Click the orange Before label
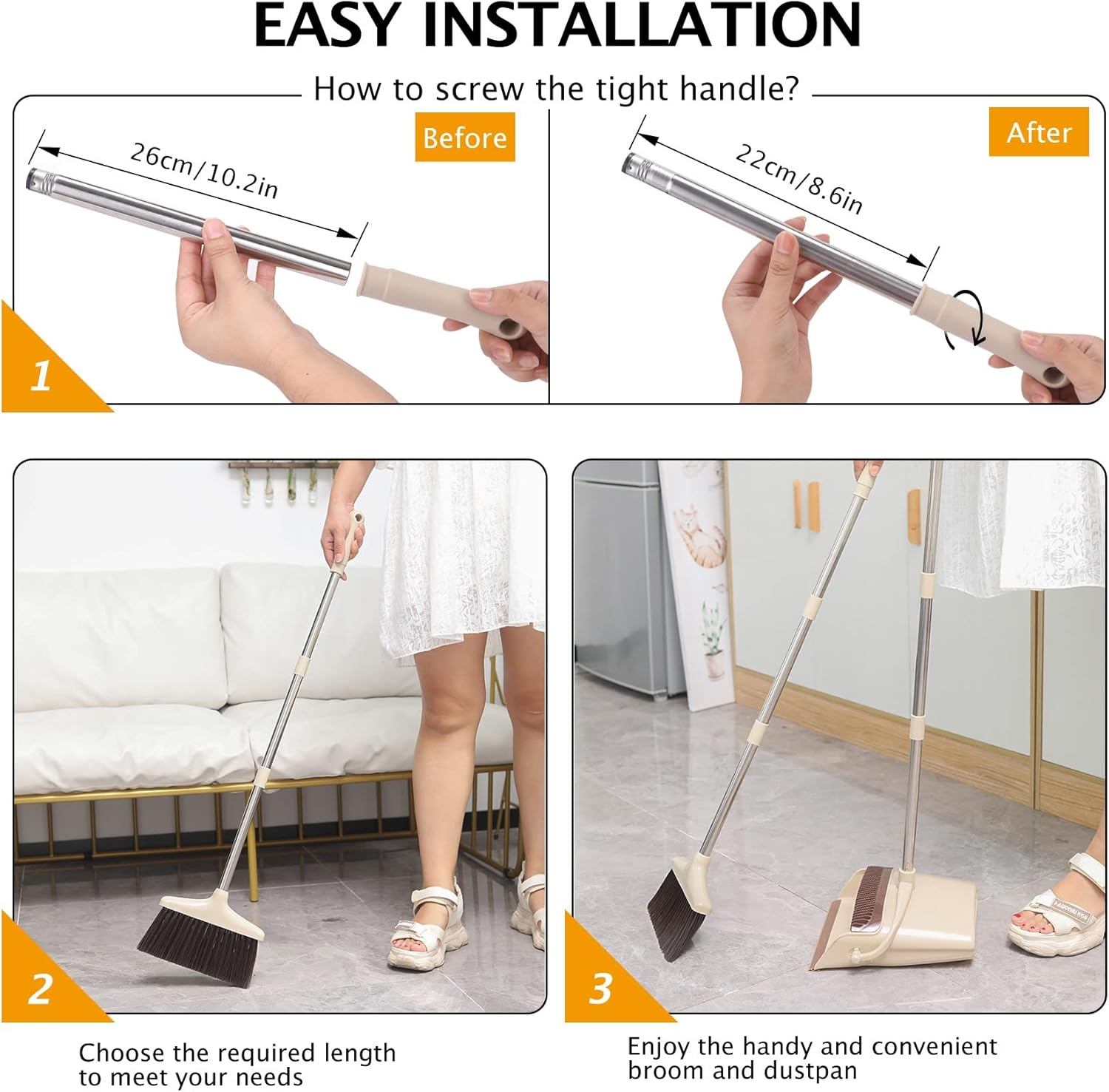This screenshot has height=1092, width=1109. click(464, 138)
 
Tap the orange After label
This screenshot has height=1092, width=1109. click(1039, 132)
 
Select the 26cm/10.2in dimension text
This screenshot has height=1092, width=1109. click(204, 171)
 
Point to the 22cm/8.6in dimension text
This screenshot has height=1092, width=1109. click(798, 178)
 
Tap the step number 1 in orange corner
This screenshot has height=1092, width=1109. click(41, 376)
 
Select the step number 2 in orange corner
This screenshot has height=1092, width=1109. click(41, 988)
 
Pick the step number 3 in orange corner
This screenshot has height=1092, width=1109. click(600, 988)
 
